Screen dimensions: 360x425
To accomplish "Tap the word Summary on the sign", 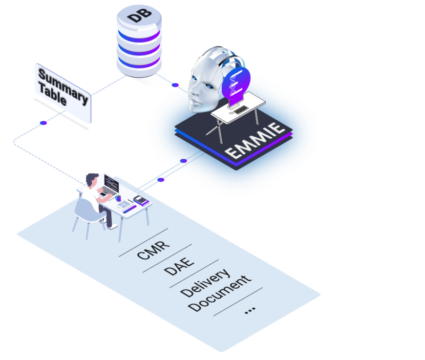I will [x=63, y=84].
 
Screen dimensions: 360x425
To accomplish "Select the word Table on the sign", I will [x=52, y=97].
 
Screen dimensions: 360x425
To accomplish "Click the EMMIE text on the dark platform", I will [x=255, y=141].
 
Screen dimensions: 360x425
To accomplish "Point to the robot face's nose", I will [x=194, y=90].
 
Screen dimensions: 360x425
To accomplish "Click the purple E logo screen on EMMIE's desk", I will [x=235, y=84].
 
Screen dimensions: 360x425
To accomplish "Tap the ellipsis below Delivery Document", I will [x=250, y=310].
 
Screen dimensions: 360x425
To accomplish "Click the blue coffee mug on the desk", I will [x=118, y=198].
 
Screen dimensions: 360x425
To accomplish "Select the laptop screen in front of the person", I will [x=111, y=184].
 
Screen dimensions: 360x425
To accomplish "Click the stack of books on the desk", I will [x=141, y=200].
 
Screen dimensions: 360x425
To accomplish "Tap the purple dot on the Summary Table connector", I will [x=43, y=123].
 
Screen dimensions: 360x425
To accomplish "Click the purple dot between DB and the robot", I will [x=175, y=85].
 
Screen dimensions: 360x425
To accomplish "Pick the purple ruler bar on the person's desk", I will [x=129, y=210].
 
